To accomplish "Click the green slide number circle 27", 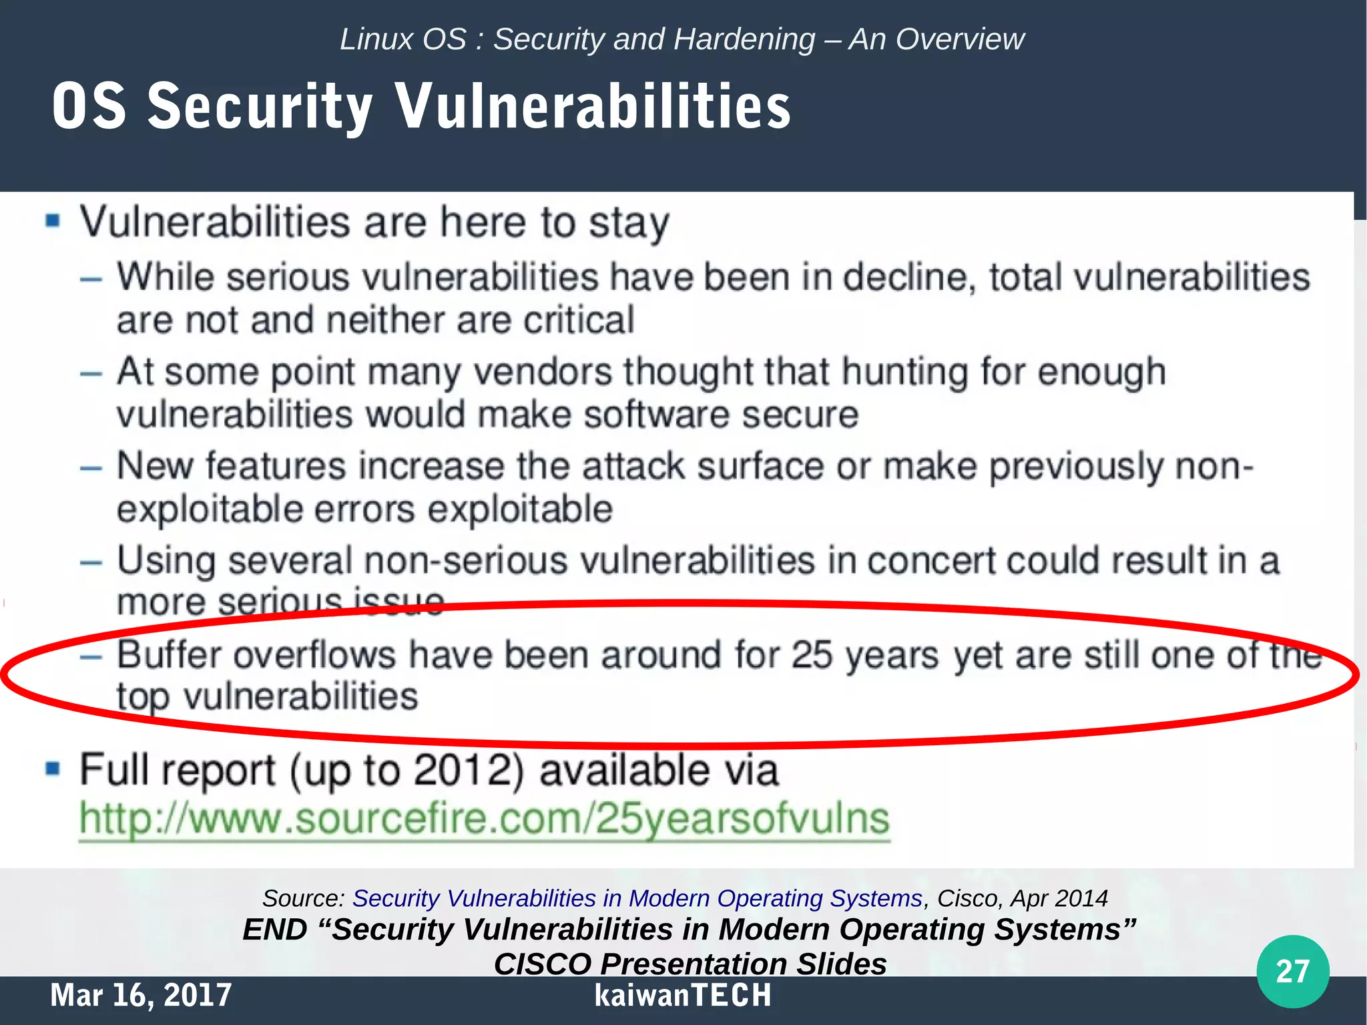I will tap(1292, 971).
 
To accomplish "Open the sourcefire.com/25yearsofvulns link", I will tap(485, 819).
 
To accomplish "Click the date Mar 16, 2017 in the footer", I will tap(141, 995).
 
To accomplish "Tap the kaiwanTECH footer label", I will tap(683, 995).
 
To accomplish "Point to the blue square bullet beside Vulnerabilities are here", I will tap(53, 221).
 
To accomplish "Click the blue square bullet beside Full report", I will tap(53, 769).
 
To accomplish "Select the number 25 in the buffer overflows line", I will tap(812, 655).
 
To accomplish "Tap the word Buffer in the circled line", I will tap(170, 655).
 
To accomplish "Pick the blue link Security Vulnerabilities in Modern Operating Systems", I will tap(637, 899).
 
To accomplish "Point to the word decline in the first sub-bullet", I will tap(905, 278).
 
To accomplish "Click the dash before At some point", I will tap(91, 374).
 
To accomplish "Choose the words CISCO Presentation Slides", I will tap(690, 964).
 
